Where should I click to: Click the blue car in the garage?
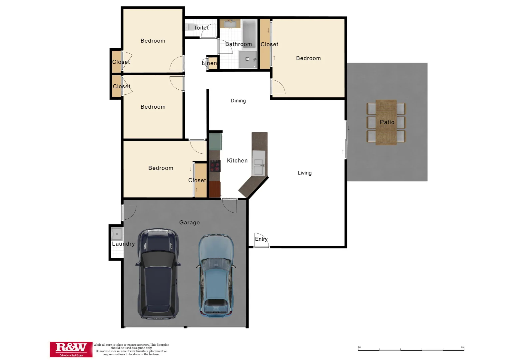(x=216, y=275)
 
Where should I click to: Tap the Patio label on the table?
(x=387, y=122)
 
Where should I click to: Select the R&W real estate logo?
(x=71, y=349)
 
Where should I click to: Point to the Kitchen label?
(x=237, y=161)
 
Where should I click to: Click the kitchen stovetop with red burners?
(x=215, y=166)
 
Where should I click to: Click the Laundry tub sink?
(x=117, y=234)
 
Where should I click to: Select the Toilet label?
(x=201, y=28)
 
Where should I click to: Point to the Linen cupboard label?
(x=210, y=63)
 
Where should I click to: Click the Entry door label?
(x=261, y=239)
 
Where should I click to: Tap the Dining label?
(x=238, y=101)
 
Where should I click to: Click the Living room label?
(x=304, y=173)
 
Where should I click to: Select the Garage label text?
(x=189, y=222)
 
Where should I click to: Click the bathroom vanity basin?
(x=230, y=24)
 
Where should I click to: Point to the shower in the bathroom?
(x=248, y=59)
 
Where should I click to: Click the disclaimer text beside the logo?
(x=131, y=349)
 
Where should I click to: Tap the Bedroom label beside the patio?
(x=308, y=58)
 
